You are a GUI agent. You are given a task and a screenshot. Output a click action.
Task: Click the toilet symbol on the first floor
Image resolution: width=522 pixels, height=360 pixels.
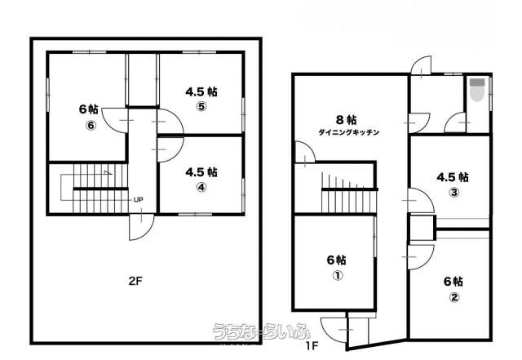(476, 89)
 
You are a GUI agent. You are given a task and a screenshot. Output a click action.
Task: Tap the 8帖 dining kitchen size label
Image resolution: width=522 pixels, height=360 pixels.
(347, 119)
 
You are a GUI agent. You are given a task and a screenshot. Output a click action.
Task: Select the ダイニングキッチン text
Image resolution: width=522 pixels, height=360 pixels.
(348, 132)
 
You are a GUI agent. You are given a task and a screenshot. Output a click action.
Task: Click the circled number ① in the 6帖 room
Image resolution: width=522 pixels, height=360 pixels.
(338, 276)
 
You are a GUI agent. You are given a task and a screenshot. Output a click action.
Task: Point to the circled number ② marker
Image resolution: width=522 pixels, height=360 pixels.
(454, 296)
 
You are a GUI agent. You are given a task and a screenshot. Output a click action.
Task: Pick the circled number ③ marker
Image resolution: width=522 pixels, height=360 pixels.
(454, 193)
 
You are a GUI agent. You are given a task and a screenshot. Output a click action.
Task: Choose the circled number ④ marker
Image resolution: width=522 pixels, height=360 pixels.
(201, 187)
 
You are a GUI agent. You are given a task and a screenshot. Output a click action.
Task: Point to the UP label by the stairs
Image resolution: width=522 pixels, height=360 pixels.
(138, 200)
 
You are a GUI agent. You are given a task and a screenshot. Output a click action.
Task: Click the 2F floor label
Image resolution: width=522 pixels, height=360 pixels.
(135, 282)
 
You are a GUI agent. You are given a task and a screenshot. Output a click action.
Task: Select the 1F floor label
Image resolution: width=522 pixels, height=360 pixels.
(312, 345)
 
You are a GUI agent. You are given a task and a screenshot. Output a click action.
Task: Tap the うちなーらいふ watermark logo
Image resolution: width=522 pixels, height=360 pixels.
(262, 331)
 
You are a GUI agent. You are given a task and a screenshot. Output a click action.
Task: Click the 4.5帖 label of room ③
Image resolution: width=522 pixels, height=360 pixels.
(453, 177)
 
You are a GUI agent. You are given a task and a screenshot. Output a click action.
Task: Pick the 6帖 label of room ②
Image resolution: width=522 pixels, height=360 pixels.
(453, 282)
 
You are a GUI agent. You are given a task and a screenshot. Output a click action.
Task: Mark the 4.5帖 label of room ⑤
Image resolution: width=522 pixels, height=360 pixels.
(201, 91)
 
